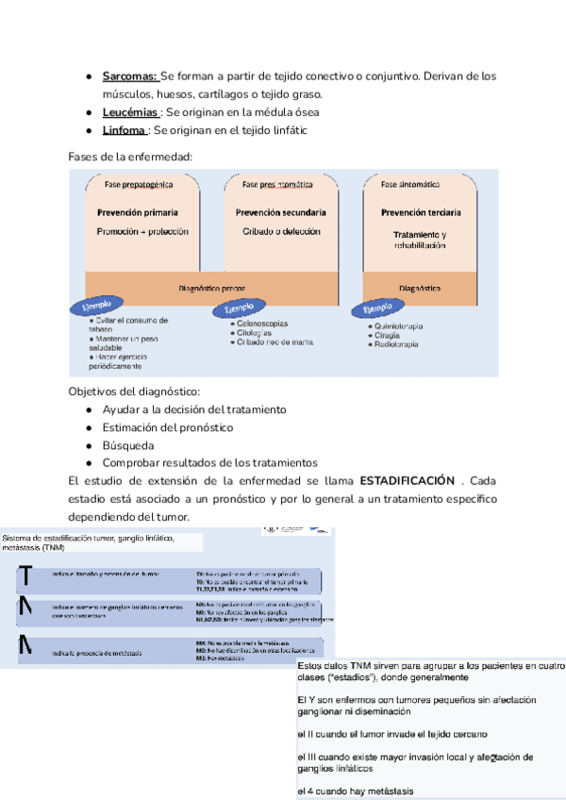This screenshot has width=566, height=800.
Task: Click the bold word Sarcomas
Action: pyautogui.click(x=131, y=75)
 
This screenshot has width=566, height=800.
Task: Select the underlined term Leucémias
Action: pyautogui.click(x=131, y=112)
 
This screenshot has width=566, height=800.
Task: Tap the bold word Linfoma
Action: pyautogui.click(x=125, y=130)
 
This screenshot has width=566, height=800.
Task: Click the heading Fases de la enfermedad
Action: pyautogui.click(x=130, y=156)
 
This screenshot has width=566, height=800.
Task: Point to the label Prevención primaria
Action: pyautogui.click(x=138, y=213)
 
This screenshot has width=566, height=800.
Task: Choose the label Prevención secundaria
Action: pyautogui.click(x=281, y=213)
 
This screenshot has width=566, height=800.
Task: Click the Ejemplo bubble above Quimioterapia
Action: pyautogui.click(x=376, y=308)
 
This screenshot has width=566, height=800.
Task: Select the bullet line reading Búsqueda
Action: pyautogui.click(x=127, y=445)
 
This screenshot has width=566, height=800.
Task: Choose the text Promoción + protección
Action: pyautogui.click(x=142, y=231)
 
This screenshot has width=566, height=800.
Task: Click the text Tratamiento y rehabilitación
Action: pyautogui.click(x=420, y=240)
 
